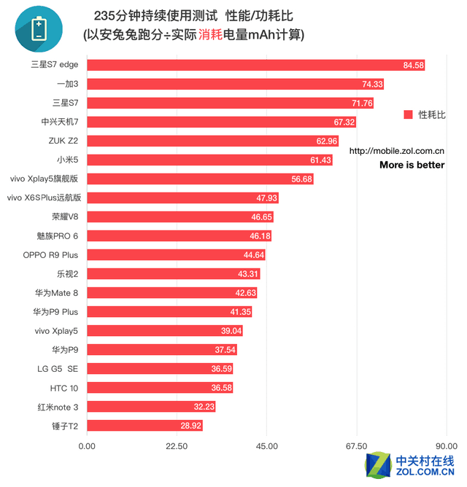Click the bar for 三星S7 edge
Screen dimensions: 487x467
[255, 66]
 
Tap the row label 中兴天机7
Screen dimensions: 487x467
[60, 122]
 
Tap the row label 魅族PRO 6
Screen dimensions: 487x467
[57, 236]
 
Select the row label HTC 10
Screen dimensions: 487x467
[64, 387]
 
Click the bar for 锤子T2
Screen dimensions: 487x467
[145, 425]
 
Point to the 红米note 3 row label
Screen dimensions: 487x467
[58, 406]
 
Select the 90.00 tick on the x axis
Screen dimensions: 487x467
[446, 446]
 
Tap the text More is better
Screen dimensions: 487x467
[412, 165]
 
